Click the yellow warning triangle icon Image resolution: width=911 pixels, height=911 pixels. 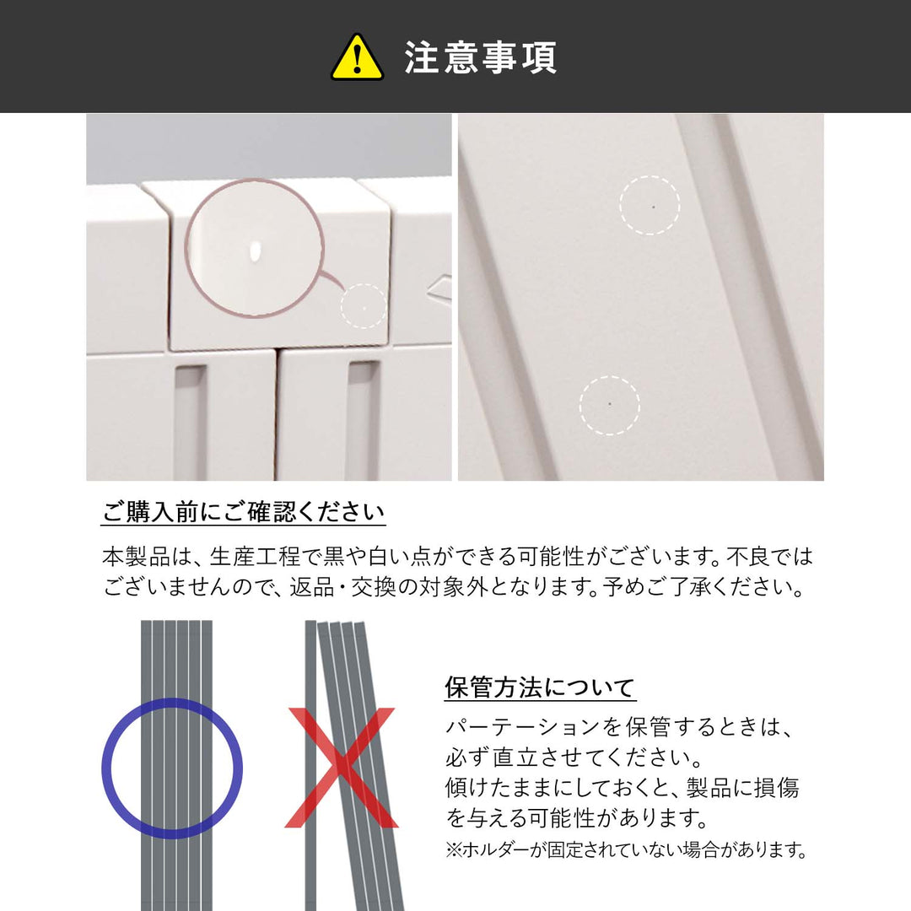coord(357,57)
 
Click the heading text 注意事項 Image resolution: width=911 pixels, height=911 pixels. coord(480,57)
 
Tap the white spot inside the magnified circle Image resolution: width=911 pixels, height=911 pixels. coord(256,251)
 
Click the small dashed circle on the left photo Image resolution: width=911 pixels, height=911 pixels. coord(364,306)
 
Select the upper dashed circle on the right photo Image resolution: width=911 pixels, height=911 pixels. coord(650,205)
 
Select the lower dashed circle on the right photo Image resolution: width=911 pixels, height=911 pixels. coord(610,405)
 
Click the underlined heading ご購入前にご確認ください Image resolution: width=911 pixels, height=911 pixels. coord(244,511)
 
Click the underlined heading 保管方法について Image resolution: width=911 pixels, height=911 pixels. coord(540,687)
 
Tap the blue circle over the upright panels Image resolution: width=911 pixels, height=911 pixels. coord(172,768)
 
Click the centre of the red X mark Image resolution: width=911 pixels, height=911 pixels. coord(341,767)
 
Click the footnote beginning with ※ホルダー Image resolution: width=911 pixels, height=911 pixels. coord(627,849)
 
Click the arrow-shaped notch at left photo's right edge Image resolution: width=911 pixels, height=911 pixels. coord(439,290)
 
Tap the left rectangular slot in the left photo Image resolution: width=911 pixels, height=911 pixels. coord(190,418)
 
